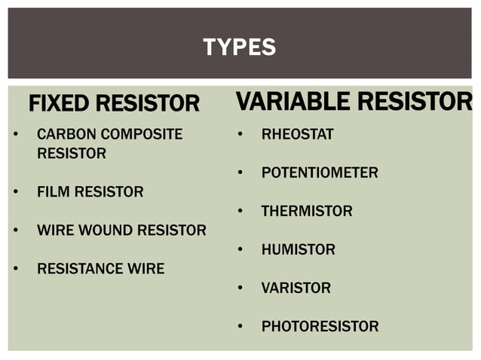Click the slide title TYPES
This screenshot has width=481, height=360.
[x=240, y=48]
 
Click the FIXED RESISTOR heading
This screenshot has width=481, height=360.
[x=114, y=104]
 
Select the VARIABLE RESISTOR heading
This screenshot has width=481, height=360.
[x=354, y=101]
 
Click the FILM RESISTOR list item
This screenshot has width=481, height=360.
[x=90, y=192]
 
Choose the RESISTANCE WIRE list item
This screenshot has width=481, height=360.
[x=100, y=269]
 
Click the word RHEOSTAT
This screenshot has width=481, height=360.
[x=297, y=135]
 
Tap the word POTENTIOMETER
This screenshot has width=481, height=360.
[x=320, y=173]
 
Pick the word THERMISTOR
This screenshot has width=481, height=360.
[x=307, y=212]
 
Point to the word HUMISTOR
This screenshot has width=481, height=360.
[x=298, y=250]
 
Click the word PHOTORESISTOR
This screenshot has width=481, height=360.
[x=320, y=327]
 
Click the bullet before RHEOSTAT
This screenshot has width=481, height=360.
[x=239, y=135]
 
